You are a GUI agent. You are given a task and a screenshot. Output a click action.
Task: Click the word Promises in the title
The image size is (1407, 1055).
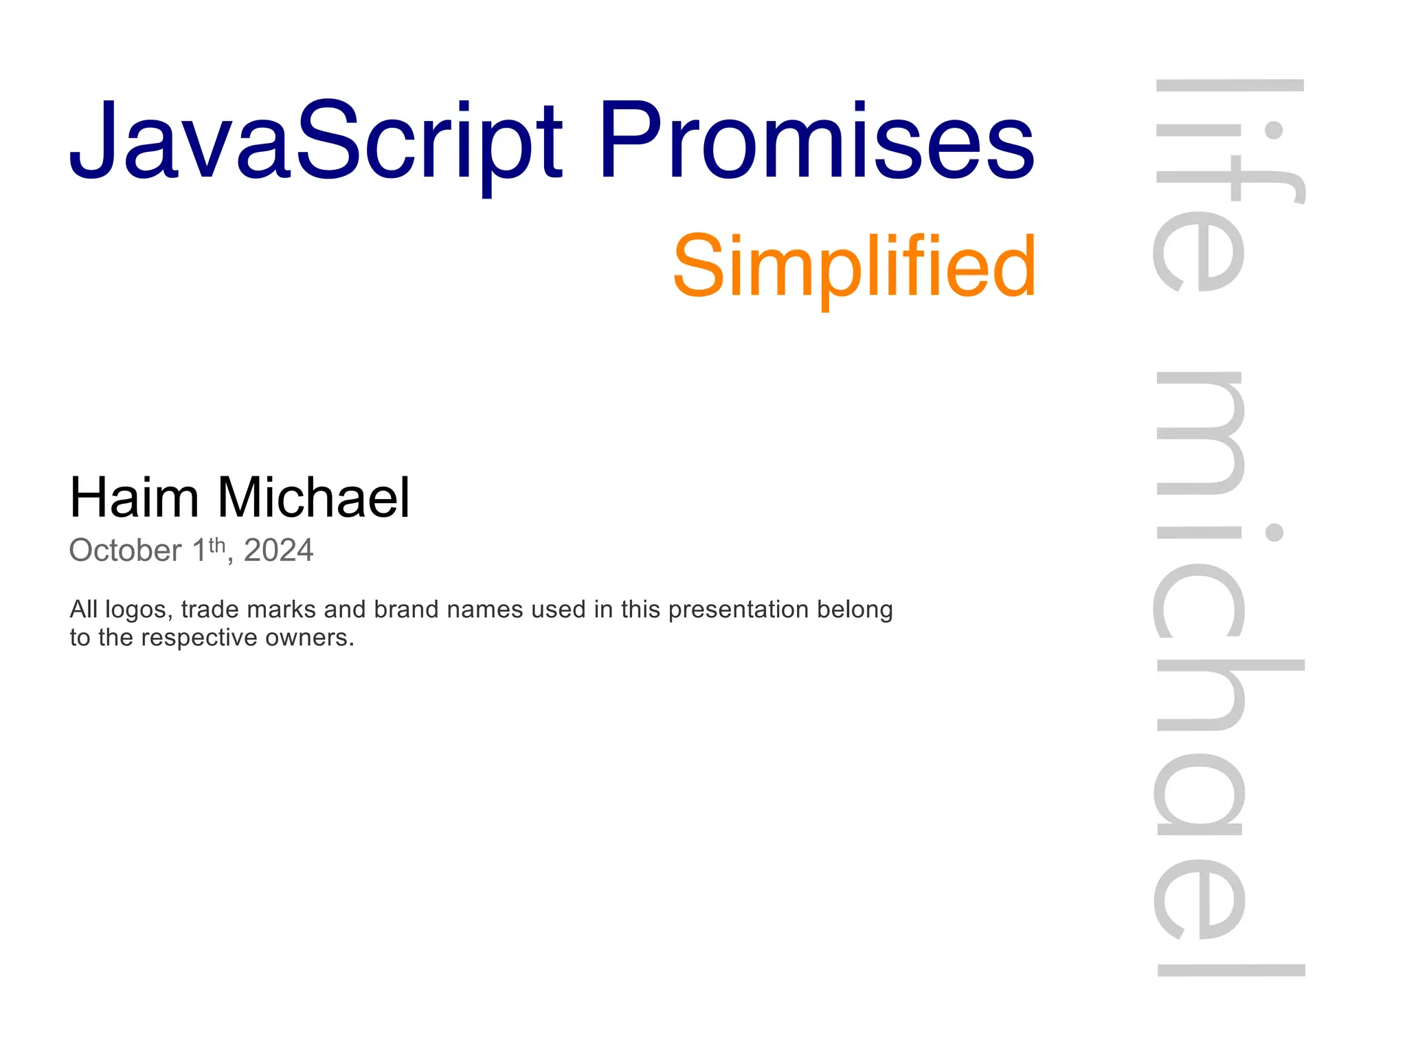(x=816, y=141)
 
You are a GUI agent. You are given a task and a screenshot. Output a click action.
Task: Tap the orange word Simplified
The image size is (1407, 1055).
(x=854, y=267)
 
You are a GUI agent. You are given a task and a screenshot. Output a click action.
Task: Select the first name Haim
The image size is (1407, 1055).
(x=134, y=497)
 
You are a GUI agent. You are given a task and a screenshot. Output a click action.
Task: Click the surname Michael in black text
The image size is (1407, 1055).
(x=314, y=497)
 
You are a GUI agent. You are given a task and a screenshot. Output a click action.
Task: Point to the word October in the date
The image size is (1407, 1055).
(x=125, y=551)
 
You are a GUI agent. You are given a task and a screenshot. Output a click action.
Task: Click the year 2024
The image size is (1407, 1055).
(x=278, y=551)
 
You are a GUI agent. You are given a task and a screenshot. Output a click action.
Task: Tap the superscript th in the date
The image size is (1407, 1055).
(x=217, y=545)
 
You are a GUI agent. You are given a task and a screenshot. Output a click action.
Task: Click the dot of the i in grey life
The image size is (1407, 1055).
(x=1274, y=130)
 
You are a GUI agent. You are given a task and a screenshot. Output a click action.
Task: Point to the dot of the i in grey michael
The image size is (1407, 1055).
(x=1274, y=532)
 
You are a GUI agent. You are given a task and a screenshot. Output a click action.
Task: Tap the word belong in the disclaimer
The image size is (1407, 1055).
(x=855, y=610)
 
